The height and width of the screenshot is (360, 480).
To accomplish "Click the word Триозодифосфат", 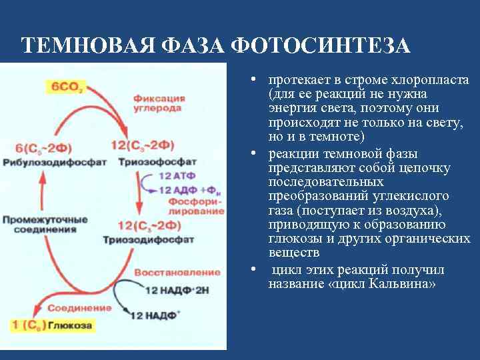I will pyautogui.click(x=155, y=239).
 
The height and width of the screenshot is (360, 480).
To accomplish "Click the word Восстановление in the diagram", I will pyautogui.click(x=177, y=272).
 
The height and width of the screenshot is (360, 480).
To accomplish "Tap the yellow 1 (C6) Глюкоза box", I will pyautogui.click(x=51, y=325).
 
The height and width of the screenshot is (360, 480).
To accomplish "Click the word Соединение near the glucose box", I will pyautogui.click(x=87, y=308).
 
